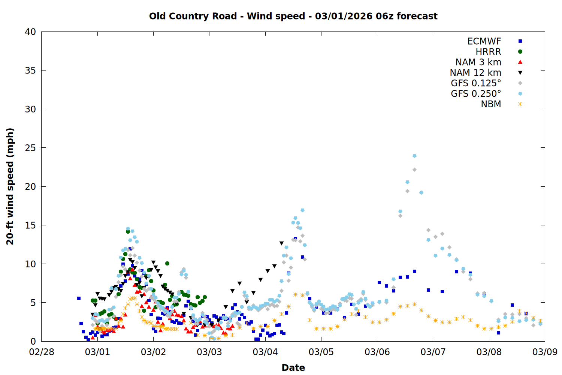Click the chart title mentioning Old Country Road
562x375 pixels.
(x=293, y=16)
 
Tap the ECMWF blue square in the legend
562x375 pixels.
(x=520, y=41)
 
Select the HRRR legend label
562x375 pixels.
(x=488, y=52)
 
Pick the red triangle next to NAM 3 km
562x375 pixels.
(x=520, y=62)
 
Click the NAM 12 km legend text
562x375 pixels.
(x=475, y=73)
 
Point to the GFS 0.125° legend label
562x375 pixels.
(x=476, y=83)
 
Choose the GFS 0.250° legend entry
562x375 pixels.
(x=476, y=94)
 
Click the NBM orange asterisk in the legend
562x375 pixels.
(x=520, y=104)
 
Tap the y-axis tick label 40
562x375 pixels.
(x=30, y=32)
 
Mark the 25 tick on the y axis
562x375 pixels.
(x=30, y=148)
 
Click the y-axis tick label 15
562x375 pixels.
(x=30, y=225)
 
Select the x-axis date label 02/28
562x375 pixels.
(x=41, y=352)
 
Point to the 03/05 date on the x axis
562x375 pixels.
(x=321, y=352)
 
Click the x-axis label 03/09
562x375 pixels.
(x=545, y=352)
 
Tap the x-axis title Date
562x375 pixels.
(x=293, y=367)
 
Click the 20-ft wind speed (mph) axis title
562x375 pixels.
(x=10, y=186)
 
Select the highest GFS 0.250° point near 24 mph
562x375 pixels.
(x=414, y=156)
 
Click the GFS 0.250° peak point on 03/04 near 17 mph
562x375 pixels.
(x=302, y=210)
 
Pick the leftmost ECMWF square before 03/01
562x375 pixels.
(x=79, y=298)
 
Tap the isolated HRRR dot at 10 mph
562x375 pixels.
(x=167, y=263)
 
